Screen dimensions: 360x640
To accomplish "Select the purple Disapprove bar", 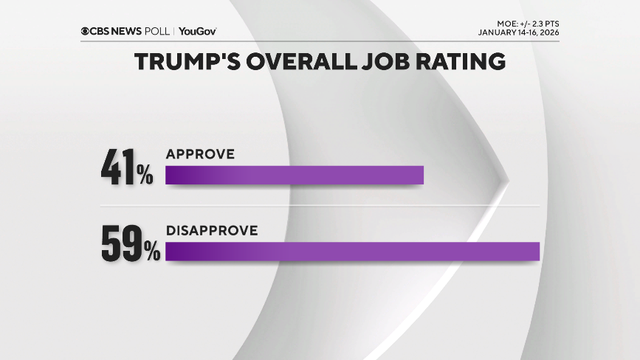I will tap(352, 251).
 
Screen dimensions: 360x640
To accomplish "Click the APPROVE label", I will tap(200, 154).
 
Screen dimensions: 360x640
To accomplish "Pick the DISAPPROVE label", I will tap(211, 230).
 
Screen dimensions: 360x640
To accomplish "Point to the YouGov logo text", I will tap(198, 31).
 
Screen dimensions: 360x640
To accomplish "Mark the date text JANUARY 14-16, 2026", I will tap(518, 32).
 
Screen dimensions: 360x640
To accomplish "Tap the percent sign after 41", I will tap(144, 175).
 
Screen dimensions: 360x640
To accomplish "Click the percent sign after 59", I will tap(151, 252).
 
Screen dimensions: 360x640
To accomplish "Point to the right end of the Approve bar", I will tap(421, 175).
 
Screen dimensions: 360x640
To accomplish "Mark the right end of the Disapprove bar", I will tap(538, 251).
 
